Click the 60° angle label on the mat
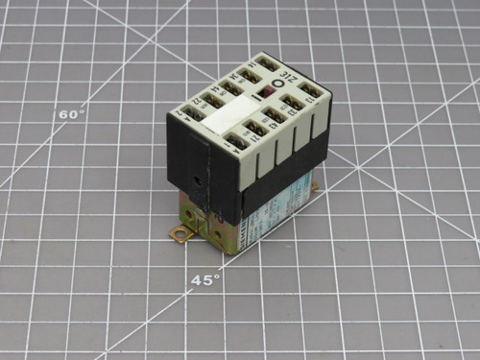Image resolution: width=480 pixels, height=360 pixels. tap(72, 113)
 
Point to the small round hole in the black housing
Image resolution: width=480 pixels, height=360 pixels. tap(199, 179)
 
